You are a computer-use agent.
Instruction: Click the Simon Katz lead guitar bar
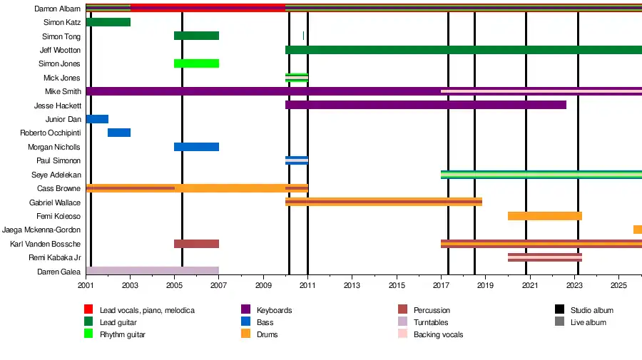(x=108, y=22)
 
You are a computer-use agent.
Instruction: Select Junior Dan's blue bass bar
(x=97, y=119)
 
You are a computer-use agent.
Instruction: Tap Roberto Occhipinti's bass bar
(x=119, y=133)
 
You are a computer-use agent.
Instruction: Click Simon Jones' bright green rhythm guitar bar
(x=196, y=63)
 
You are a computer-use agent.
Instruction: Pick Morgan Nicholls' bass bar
(x=196, y=147)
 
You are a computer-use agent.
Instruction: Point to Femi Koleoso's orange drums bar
(x=544, y=216)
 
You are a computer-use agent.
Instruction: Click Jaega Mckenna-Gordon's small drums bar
(x=637, y=230)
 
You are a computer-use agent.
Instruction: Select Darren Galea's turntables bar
(x=152, y=271)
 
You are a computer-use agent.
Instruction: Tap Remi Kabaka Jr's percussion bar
(x=544, y=257)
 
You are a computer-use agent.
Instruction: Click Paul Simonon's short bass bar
(x=296, y=160)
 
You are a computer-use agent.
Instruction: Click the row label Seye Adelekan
(x=56, y=175)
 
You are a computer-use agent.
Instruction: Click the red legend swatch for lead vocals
(x=88, y=310)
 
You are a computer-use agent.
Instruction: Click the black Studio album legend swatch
(x=559, y=310)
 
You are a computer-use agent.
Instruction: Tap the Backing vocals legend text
(x=438, y=334)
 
